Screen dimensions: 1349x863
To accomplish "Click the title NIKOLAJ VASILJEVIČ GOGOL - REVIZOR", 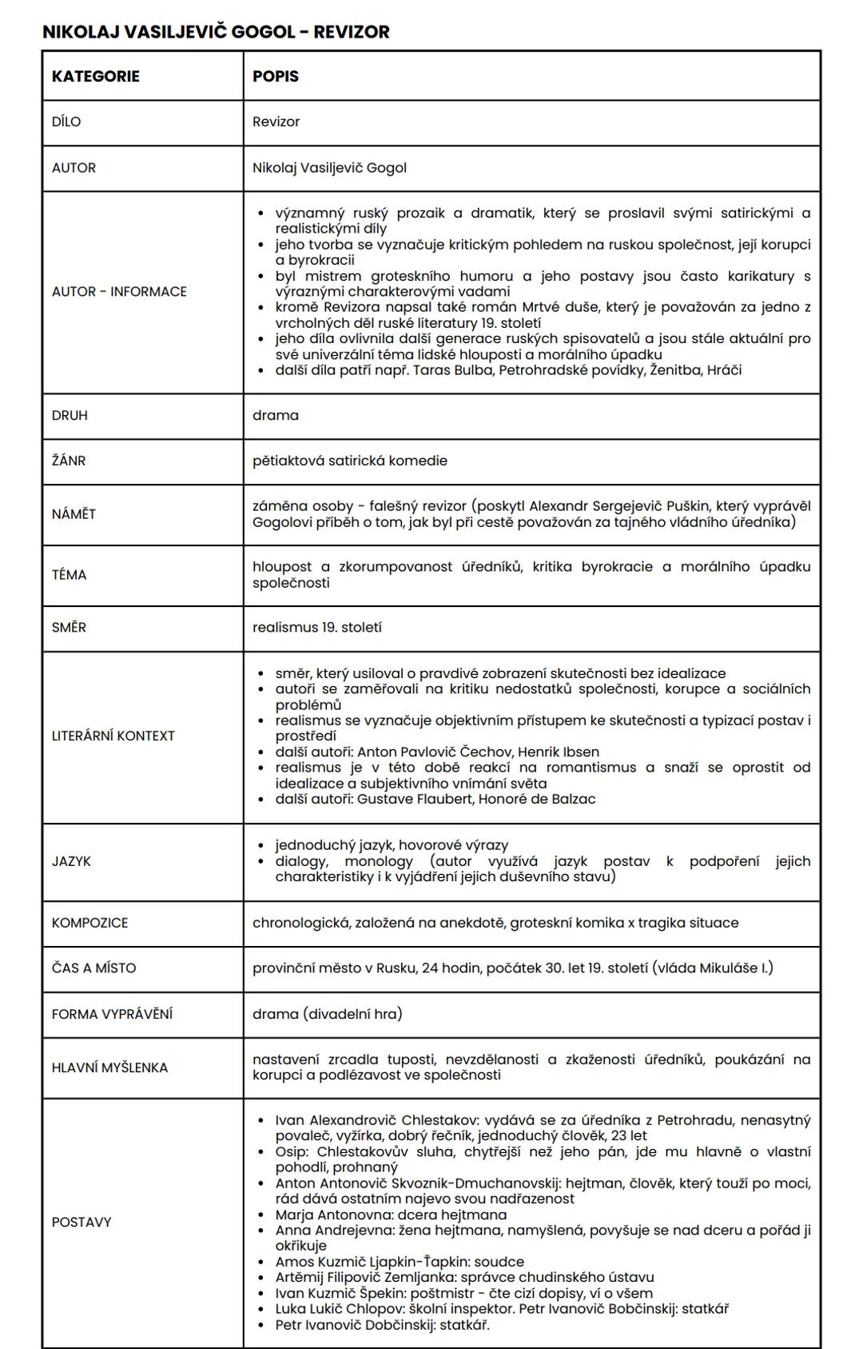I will click(216, 32).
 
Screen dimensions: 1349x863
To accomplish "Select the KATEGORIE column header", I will click(96, 76).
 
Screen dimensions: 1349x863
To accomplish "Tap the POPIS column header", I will click(276, 76).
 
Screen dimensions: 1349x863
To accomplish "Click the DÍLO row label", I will click(66, 122).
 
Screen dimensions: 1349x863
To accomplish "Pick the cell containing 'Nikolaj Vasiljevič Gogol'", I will click(329, 168).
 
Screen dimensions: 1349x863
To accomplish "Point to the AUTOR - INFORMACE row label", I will click(119, 292).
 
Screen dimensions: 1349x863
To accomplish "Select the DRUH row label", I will click(70, 416).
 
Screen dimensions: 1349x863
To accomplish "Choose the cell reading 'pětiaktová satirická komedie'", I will click(350, 461).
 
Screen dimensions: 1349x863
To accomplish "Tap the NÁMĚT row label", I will click(74, 514).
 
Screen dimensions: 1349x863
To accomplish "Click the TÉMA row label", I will click(69, 575).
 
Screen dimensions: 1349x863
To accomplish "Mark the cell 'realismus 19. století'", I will click(317, 628).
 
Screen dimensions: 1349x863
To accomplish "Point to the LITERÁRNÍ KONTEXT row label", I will click(113, 736).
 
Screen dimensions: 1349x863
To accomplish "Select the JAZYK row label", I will click(71, 861).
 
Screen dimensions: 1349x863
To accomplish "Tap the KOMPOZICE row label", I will click(89, 923).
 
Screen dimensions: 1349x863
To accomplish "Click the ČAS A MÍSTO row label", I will click(93, 968).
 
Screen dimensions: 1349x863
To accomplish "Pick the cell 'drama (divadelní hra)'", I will click(328, 1014).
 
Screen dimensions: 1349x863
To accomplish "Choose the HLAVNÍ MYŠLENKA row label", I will click(109, 1068).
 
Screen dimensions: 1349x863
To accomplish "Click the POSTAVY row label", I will click(82, 1223).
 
